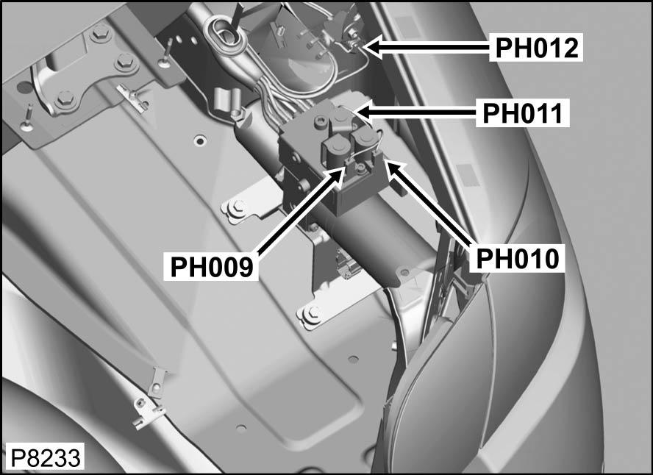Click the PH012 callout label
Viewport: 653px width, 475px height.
[x=535, y=48]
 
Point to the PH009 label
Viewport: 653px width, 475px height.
[x=212, y=265]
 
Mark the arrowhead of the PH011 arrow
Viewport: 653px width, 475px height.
[x=357, y=112]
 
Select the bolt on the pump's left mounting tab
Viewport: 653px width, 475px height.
[x=236, y=207]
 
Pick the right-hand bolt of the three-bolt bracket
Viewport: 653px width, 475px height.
[x=123, y=60]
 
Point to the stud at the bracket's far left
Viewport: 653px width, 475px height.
[x=26, y=118]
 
